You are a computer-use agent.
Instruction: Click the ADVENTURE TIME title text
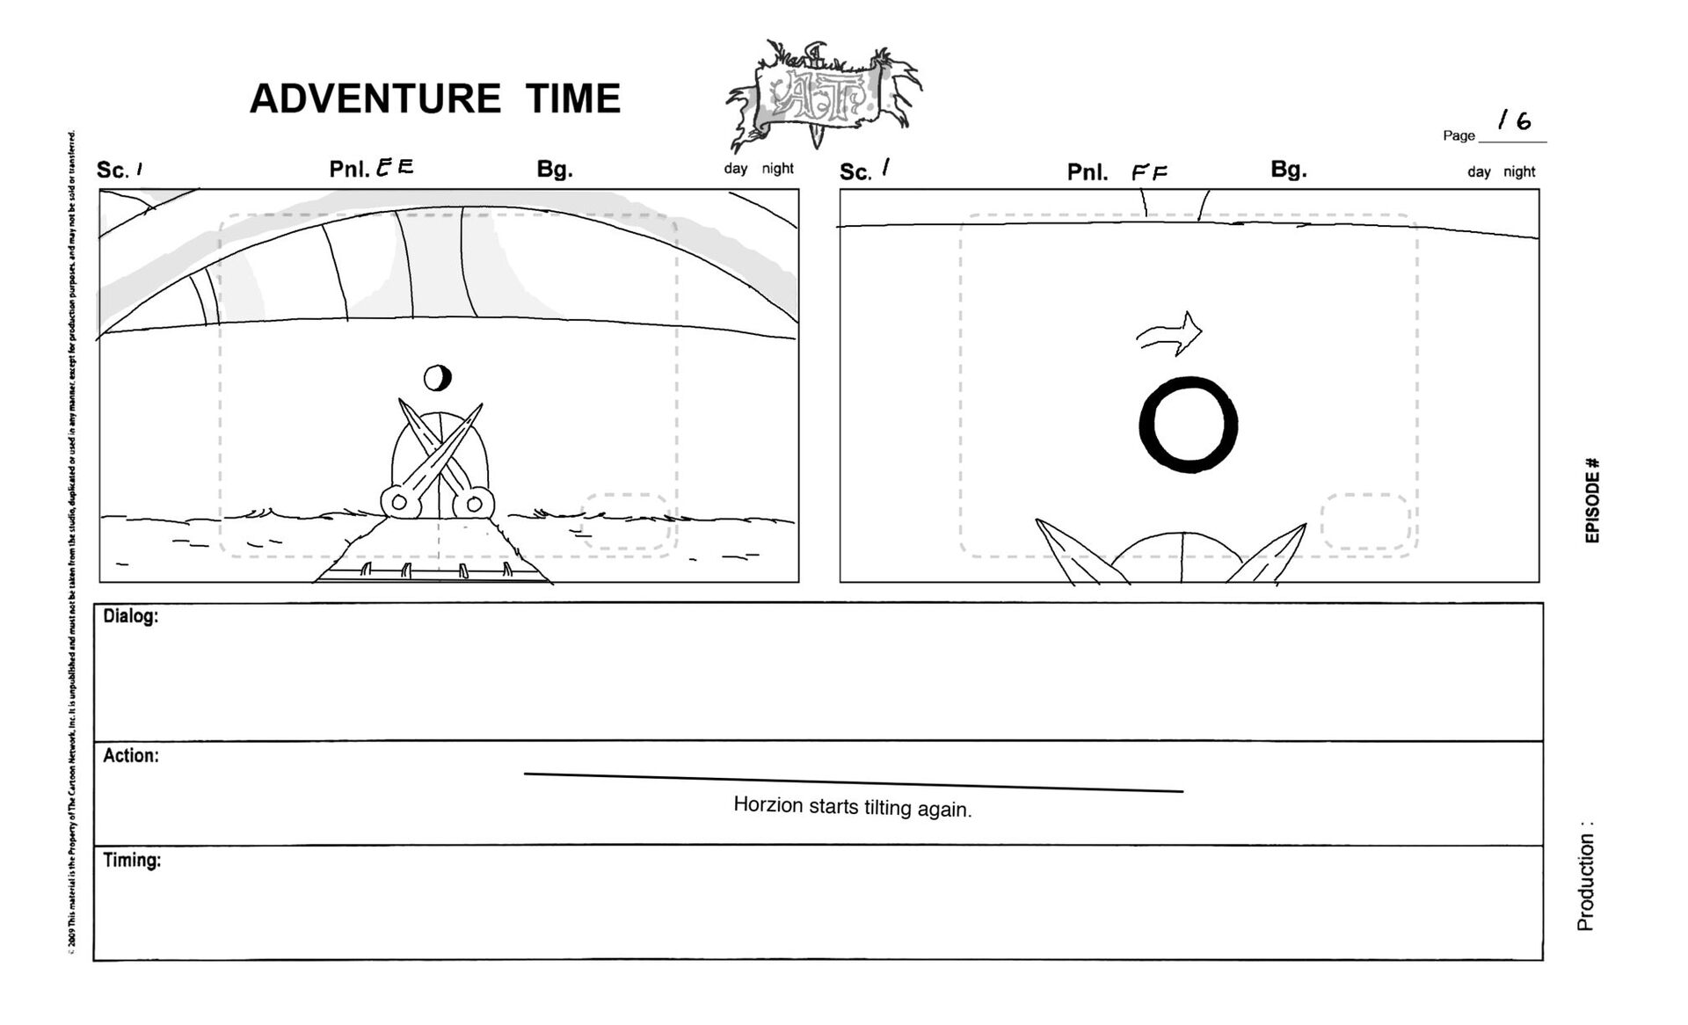coord(435,98)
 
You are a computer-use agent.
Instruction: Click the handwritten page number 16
coord(1515,120)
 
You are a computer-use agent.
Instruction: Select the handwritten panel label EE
coord(395,167)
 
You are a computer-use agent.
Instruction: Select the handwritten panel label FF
coord(1150,172)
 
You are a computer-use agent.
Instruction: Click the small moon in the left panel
coord(437,378)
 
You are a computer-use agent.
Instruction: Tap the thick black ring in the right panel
coord(1189,425)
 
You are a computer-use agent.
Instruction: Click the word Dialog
coord(130,616)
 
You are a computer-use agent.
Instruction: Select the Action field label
coord(130,756)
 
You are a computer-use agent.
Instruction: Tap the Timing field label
coord(132,860)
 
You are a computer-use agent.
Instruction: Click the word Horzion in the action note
coord(768,804)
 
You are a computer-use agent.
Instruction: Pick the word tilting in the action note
coord(887,807)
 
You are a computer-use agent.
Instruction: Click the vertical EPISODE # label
coord(1592,500)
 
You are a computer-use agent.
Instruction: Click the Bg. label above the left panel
coord(555,169)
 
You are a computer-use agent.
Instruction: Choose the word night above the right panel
coord(1519,171)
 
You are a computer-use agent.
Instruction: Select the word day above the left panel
coord(736,169)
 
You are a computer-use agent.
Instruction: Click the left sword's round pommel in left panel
coord(398,503)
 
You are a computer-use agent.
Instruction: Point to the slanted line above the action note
coord(853,782)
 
